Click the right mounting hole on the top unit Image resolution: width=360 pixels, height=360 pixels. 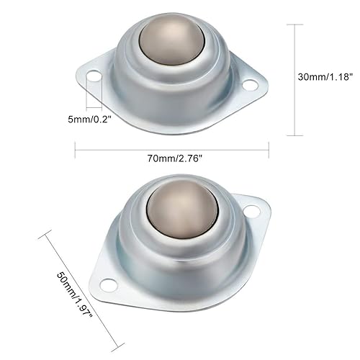click(x=250, y=85)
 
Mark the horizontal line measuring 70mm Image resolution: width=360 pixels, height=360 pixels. click(x=172, y=150)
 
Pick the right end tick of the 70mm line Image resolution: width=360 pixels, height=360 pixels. click(x=269, y=150)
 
